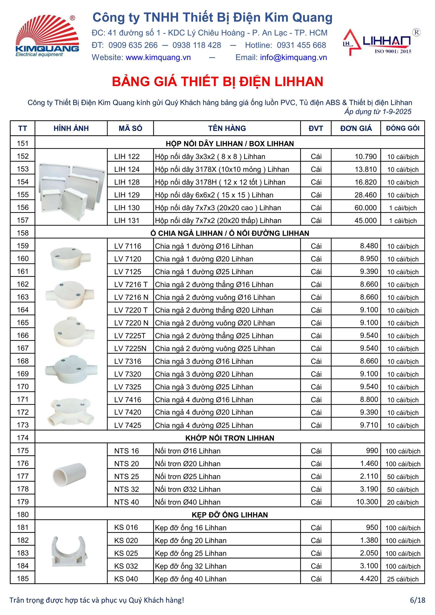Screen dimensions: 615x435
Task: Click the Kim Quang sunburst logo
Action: pos(47,35)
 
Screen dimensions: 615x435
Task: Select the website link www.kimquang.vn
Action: pos(158,57)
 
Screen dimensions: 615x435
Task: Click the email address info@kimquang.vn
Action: pos(293,57)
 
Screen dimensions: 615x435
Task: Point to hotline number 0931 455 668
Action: pos(301,45)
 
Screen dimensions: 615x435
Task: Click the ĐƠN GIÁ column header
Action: pos(356,128)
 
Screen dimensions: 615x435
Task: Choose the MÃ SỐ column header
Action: pos(130,128)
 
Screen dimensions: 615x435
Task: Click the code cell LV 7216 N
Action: pos(131,297)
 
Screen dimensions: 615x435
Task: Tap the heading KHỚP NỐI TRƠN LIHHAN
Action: pos(230,438)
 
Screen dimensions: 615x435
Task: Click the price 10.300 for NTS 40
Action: pos(367,502)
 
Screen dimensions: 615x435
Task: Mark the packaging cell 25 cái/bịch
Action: pos(403,579)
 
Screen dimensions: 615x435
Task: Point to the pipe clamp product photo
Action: pos(70,551)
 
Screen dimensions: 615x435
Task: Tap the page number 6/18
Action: pos(417,600)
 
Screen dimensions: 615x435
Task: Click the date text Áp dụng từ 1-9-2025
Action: pos(378,112)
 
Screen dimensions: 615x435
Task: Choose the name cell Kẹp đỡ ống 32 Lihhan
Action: pos(191,566)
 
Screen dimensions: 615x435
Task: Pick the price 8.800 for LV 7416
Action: pos(369,399)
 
